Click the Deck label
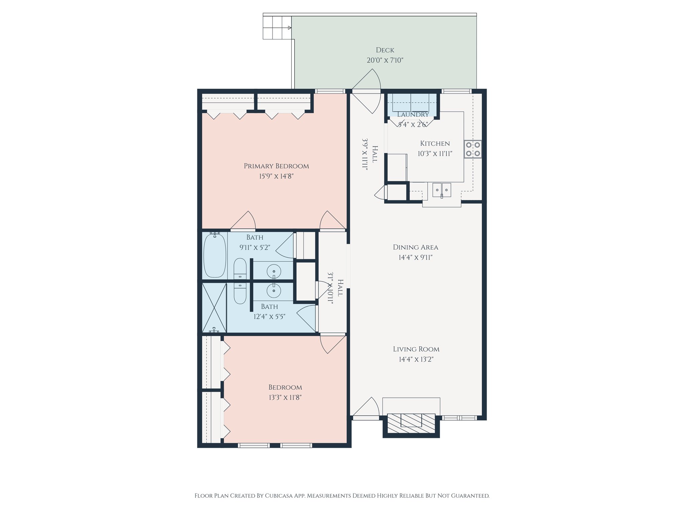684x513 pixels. click(385, 50)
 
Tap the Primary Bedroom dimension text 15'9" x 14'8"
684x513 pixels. click(276, 176)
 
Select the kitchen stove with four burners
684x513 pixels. click(473, 149)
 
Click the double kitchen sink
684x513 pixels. click(442, 190)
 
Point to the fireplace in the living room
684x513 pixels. click(411, 425)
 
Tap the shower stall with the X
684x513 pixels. click(214, 308)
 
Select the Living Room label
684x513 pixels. click(416, 349)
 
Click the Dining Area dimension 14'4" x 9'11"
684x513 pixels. click(415, 258)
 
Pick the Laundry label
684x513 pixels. click(413, 115)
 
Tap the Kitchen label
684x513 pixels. click(435, 144)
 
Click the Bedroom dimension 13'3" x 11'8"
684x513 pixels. click(285, 397)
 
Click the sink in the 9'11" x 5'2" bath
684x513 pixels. click(274, 270)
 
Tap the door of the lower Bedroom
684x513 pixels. click(333, 344)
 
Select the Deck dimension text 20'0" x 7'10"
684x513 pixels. click(385, 60)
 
